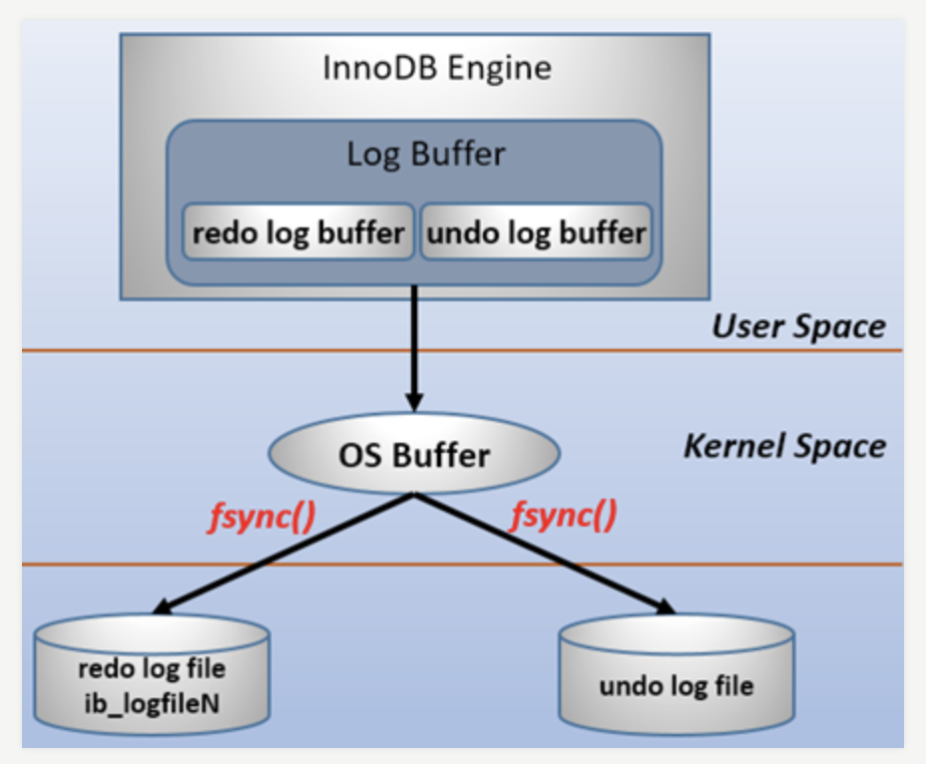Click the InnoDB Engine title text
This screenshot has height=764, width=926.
tap(437, 68)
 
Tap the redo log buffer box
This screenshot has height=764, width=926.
tap(298, 232)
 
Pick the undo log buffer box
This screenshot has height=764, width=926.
tap(536, 232)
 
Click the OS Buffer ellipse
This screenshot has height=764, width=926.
tap(412, 456)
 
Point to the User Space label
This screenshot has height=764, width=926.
tap(798, 326)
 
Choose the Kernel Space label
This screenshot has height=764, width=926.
tap(784, 446)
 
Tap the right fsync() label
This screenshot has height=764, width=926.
tap(563, 516)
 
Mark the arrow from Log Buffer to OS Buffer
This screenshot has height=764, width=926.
tap(412, 349)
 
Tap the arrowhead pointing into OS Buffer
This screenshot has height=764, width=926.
tap(412, 401)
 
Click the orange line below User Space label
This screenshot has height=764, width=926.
tap(599, 350)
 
